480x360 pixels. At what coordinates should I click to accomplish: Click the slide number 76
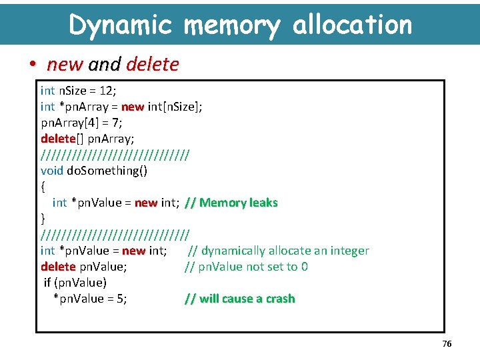coord(447,343)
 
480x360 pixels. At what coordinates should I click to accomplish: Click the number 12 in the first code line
coord(107,91)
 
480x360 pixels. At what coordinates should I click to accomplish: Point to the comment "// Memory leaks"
coord(231,203)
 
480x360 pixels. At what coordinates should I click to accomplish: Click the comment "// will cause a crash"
coord(239,299)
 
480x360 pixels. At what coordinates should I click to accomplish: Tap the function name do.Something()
coord(107,171)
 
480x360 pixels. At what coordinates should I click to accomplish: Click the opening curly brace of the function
coord(43,187)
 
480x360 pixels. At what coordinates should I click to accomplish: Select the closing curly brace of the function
coord(43,219)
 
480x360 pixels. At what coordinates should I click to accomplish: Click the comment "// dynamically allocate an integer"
coord(278,251)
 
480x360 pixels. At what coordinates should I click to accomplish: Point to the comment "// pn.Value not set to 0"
coord(246,267)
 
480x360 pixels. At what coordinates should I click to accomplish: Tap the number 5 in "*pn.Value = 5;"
coord(119,299)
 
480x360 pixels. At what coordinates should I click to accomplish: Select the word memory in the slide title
coord(231,25)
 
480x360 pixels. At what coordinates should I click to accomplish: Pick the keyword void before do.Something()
coord(52,171)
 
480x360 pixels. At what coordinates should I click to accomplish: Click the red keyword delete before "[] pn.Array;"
coord(58,139)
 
